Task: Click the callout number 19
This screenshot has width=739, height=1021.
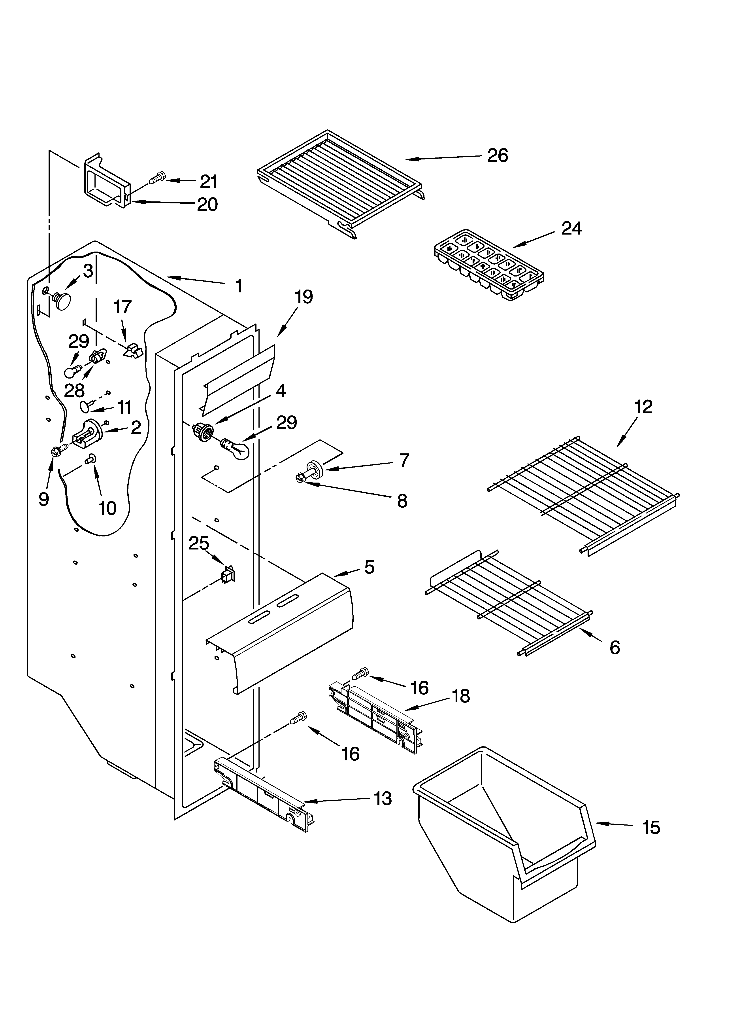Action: point(304,297)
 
